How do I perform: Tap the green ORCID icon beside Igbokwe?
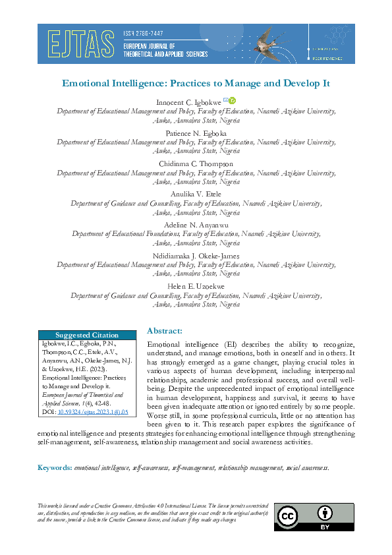232,101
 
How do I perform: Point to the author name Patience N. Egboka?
196,132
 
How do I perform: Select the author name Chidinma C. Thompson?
196,163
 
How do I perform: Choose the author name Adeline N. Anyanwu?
196,224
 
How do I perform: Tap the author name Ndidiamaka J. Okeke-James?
196,255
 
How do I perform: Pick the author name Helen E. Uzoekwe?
196,285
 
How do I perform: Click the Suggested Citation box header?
87,335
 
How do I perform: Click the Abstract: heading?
165,330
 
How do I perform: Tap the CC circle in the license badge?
289,516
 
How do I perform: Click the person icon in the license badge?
324,512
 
